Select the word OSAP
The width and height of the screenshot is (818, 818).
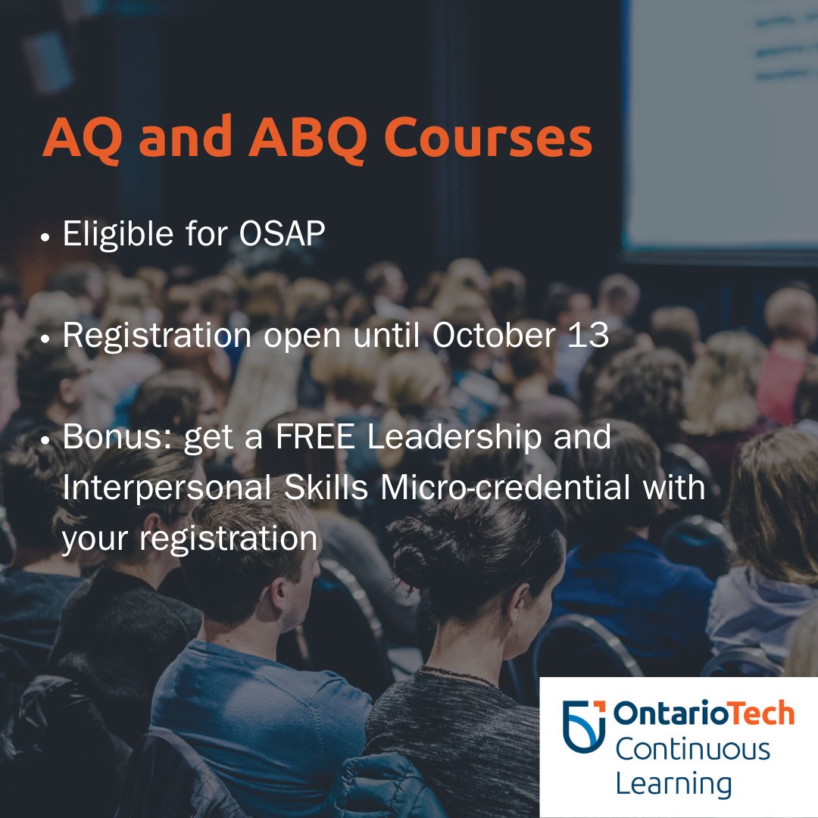click(x=282, y=236)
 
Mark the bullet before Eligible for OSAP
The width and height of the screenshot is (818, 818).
click(x=47, y=237)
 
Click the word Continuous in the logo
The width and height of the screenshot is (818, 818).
click(x=692, y=750)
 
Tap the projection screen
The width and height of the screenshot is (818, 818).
click(x=720, y=121)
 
